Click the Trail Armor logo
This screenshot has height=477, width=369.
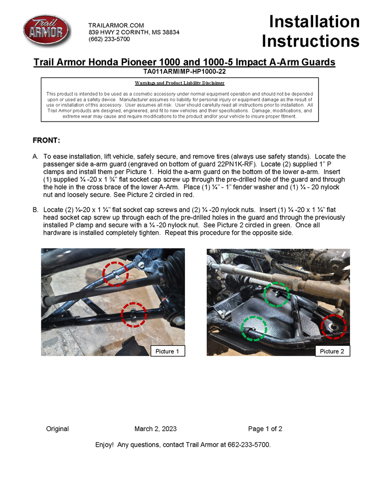pyautogui.click(x=46, y=31)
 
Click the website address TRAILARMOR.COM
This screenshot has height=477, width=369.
pyautogui.click(x=116, y=25)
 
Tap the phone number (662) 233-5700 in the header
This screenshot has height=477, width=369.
pyautogui.click(x=109, y=39)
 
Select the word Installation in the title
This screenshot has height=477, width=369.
pyautogui.click(x=314, y=21)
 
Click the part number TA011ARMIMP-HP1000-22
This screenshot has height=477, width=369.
pyautogui.click(x=184, y=71)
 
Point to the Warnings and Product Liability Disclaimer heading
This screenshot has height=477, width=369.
pyautogui.click(x=180, y=83)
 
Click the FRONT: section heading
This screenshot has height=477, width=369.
pyautogui.click(x=46, y=140)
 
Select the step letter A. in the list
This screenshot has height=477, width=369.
pyautogui.click(x=35, y=157)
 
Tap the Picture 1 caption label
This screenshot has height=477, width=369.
pyautogui.click(x=168, y=351)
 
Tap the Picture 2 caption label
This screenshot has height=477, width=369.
pyautogui.click(x=332, y=351)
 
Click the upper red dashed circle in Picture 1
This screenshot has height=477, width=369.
pyautogui.click(x=115, y=274)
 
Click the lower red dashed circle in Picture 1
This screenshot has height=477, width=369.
pyautogui.click(x=134, y=315)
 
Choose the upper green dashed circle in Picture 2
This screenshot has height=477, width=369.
pyautogui.click(x=276, y=294)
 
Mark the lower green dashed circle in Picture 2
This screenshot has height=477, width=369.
pyautogui.click(x=254, y=328)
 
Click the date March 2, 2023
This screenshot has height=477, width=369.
pyautogui.click(x=155, y=429)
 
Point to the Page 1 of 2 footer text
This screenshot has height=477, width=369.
pyautogui.click(x=265, y=429)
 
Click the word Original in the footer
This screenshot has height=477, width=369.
pyautogui.click(x=57, y=429)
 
